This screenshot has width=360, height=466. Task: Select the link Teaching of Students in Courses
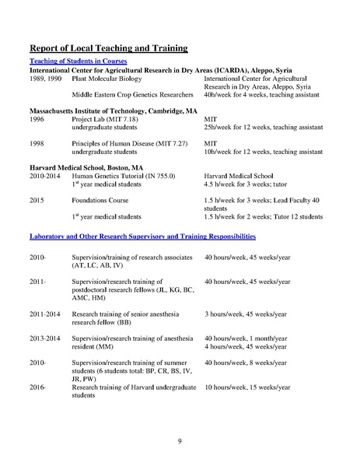tap(78, 61)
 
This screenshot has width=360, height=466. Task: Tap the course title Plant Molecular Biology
tap(107, 79)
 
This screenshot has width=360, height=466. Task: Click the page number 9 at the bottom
tap(180, 441)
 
